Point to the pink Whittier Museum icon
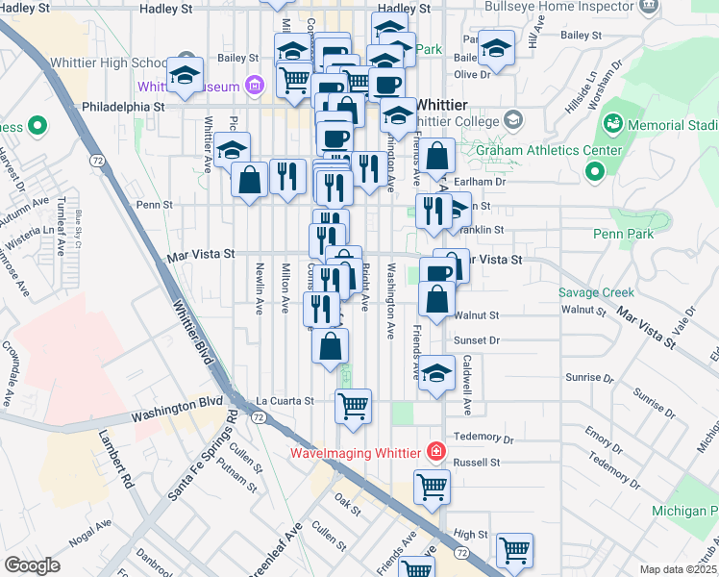pos(255,87)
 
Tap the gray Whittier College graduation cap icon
pos(514,120)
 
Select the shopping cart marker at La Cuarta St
pos(353,406)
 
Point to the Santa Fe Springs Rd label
pos(203,454)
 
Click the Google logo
pos(33,564)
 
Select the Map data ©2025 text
pos(678,569)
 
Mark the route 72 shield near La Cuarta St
pos(259,417)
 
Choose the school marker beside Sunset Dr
pos(437,374)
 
